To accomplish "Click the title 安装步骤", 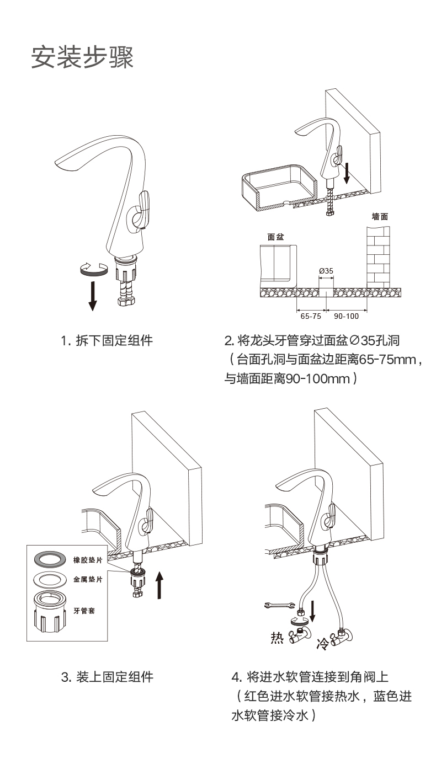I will pyautogui.click(x=82, y=57).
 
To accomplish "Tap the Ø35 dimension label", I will pyautogui.click(x=326, y=270).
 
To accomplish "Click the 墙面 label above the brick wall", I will pyautogui.click(x=379, y=217).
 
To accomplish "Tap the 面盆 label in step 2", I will pyautogui.click(x=275, y=237).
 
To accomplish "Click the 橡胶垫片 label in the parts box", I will pyautogui.click(x=88, y=560).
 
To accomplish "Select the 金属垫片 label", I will pyautogui.click(x=88, y=580).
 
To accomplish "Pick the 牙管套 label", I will pyautogui.click(x=83, y=611).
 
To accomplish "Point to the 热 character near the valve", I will pyautogui.click(x=275, y=638).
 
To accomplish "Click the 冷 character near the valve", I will pyautogui.click(x=321, y=643).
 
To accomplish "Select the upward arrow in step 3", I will pyautogui.click(x=159, y=585).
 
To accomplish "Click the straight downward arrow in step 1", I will pyautogui.click(x=93, y=296).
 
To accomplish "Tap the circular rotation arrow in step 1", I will pyautogui.click(x=93, y=269).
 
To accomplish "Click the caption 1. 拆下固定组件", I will pyautogui.click(x=107, y=341).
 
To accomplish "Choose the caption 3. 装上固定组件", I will pyautogui.click(x=107, y=677).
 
